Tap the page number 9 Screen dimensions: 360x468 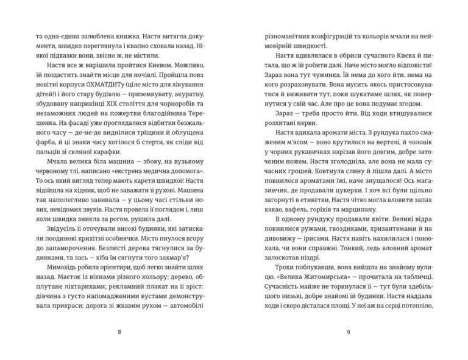[347, 331]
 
